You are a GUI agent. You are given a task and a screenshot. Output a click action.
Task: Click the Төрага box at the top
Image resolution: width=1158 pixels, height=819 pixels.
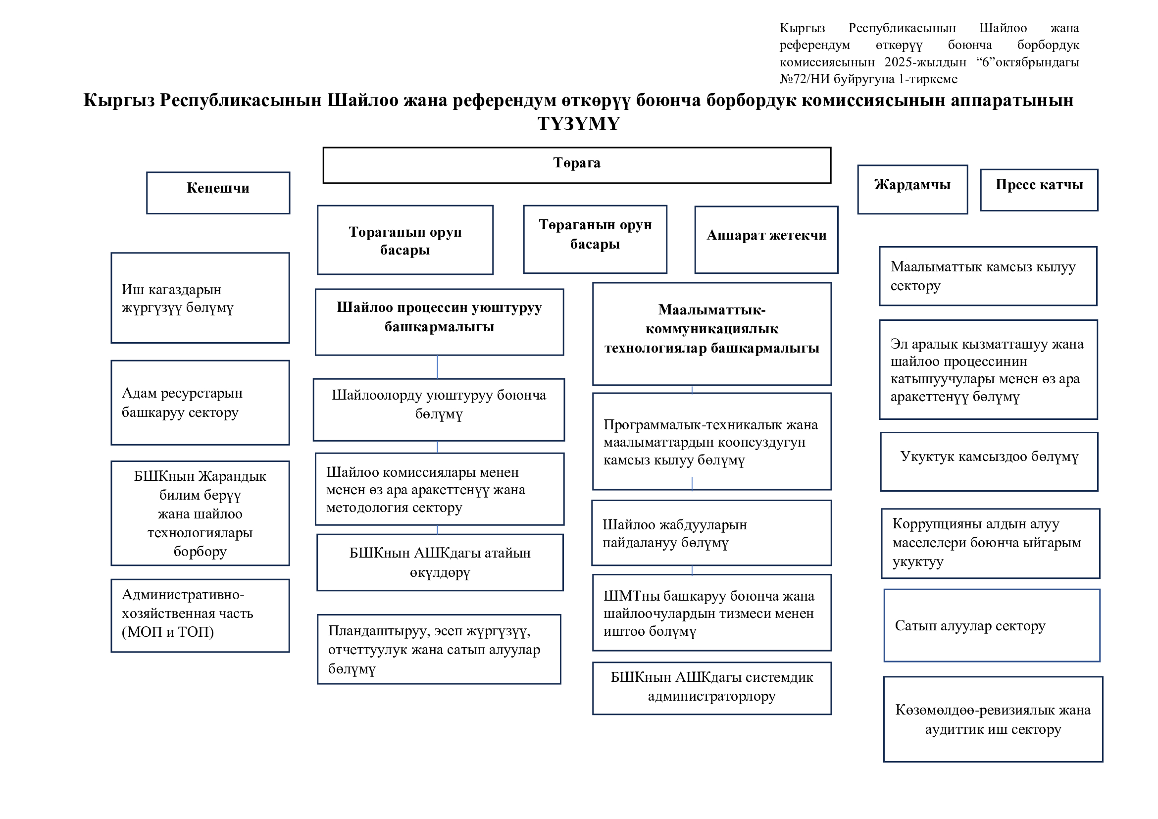(576, 165)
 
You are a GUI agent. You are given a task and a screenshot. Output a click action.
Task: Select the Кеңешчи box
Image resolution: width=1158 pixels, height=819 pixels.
(218, 193)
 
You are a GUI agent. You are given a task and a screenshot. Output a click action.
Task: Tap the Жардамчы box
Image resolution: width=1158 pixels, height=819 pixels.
(912, 189)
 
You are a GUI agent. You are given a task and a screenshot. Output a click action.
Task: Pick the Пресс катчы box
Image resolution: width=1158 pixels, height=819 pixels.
(1039, 189)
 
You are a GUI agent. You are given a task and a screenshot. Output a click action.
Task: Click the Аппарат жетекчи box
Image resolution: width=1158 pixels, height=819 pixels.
(766, 240)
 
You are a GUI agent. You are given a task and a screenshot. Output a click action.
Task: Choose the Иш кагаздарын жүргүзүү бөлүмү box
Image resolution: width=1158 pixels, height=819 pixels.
(200, 298)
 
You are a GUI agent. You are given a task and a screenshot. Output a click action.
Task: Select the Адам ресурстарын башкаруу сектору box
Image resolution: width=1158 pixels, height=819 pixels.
(200, 403)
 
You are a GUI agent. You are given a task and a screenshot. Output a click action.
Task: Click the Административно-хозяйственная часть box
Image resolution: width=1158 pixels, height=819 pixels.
(200, 615)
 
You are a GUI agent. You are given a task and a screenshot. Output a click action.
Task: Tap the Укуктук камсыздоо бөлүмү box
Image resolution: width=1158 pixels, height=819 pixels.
(989, 461)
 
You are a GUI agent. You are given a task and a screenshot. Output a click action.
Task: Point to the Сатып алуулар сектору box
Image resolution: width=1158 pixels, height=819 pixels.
(992, 625)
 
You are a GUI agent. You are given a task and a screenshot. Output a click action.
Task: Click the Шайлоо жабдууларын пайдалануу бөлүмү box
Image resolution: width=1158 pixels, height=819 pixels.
(711, 533)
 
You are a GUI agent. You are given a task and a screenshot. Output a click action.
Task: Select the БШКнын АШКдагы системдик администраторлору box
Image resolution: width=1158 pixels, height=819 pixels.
(711, 688)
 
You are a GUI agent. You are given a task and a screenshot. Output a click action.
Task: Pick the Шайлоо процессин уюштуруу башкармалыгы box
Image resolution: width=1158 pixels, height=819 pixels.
(439, 322)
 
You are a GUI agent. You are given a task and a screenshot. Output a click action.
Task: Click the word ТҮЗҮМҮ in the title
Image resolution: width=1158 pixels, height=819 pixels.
(578, 124)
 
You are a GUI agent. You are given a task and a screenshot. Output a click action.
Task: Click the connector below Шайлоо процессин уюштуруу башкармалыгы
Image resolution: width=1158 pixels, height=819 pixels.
(437, 366)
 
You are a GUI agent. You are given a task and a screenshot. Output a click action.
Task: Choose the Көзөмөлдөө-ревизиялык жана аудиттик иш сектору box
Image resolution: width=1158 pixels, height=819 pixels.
(993, 719)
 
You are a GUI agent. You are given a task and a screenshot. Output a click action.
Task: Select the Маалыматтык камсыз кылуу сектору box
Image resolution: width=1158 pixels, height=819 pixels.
(988, 276)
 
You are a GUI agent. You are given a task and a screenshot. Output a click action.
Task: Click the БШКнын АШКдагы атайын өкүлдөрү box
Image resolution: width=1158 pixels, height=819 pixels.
(440, 563)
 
